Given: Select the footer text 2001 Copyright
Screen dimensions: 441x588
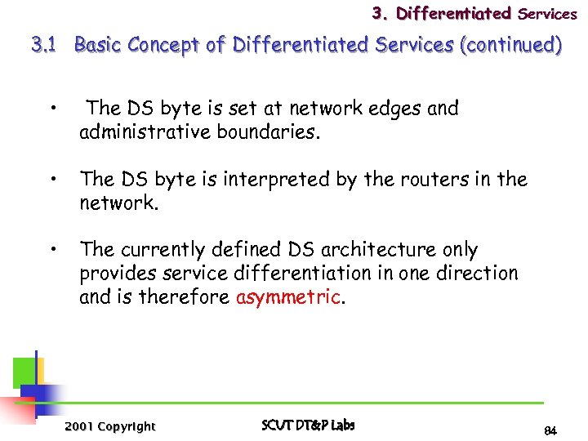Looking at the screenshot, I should tap(109, 426).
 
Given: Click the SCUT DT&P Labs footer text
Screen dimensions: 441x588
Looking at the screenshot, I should tap(308, 425).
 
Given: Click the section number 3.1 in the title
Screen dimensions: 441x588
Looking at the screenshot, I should tap(42, 46).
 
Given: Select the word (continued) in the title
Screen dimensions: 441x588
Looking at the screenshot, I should tap(511, 46).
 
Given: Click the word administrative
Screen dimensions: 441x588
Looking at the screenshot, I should tap(145, 131).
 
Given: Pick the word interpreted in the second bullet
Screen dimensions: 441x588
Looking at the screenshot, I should tap(281, 179).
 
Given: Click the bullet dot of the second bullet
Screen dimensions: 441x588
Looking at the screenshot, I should tap(51, 177).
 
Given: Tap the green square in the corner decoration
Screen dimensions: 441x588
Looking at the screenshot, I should tap(24, 372).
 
